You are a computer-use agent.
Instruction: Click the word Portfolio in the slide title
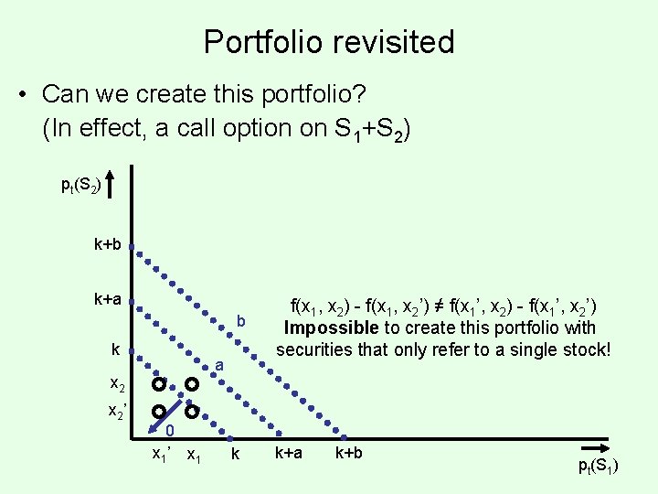click(263, 42)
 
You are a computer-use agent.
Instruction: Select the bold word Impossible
click(331, 328)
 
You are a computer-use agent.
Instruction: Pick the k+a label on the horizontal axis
click(288, 453)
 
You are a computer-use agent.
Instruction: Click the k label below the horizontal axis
click(235, 454)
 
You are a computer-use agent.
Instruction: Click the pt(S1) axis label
click(598, 467)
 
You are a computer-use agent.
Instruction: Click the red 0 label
click(170, 431)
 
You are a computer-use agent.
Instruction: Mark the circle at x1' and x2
click(158, 383)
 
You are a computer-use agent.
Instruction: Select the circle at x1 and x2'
click(192, 412)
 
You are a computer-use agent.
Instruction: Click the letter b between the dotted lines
click(241, 321)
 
